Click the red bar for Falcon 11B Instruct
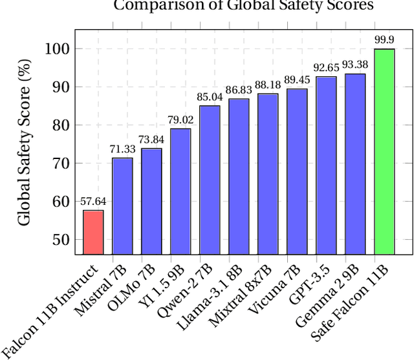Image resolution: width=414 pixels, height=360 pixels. click(93, 232)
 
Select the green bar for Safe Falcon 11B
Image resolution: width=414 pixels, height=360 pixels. click(384, 151)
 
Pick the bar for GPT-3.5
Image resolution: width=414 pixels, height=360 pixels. click(326, 165)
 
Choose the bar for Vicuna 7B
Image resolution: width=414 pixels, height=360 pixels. click(297, 171)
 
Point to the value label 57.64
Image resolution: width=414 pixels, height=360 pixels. click(93, 202)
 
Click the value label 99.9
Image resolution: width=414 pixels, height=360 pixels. click(384, 40)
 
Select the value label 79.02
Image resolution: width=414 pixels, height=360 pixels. click(180, 120)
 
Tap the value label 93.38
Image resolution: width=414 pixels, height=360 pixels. click(355, 65)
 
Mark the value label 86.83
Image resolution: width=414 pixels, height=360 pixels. click(239, 90)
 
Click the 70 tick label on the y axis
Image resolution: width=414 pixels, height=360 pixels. click(58, 164)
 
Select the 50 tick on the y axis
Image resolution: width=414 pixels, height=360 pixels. click(58, 240)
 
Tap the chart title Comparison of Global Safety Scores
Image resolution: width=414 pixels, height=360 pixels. click(244, 6)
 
